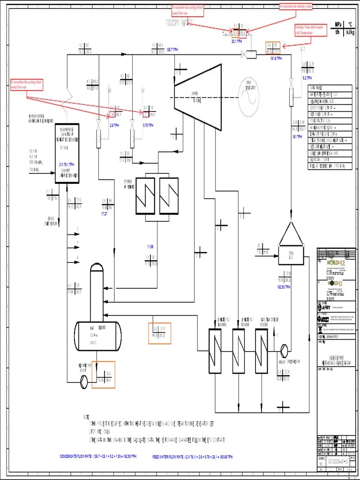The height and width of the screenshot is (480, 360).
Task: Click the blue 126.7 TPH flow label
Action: pyautogui.click(x=172, y=49)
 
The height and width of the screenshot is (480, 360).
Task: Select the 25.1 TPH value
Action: pyautogui.click(x=237, y=41)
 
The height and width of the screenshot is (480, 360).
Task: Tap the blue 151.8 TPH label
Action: pyautogui.click(x=276, y=59)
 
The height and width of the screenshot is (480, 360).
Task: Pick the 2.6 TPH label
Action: pyautogui.click(x=114, y=126)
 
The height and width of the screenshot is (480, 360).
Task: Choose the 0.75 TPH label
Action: pyautogui.click(x=148, y=126)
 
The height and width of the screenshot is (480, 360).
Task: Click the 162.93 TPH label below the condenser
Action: pyautogui.click(x=284, y=287)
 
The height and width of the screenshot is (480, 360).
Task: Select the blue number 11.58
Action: pyautogui.click(x=150, y=247)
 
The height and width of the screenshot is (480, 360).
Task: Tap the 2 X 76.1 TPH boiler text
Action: pyautogui.click(x=67, y=165)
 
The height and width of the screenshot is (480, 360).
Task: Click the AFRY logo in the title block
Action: pyautogui.click(x=328, y=307)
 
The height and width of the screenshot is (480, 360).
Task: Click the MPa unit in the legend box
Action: pyautogui.click(x=337, y=25)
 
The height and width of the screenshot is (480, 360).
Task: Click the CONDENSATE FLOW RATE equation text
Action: pyautogui.click(x=98, y=456)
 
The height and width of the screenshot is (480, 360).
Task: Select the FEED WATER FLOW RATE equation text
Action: pyautogui.click(x=192, y=456)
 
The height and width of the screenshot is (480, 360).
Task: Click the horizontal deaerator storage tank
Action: pyautogui.click(x=99, y=331)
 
